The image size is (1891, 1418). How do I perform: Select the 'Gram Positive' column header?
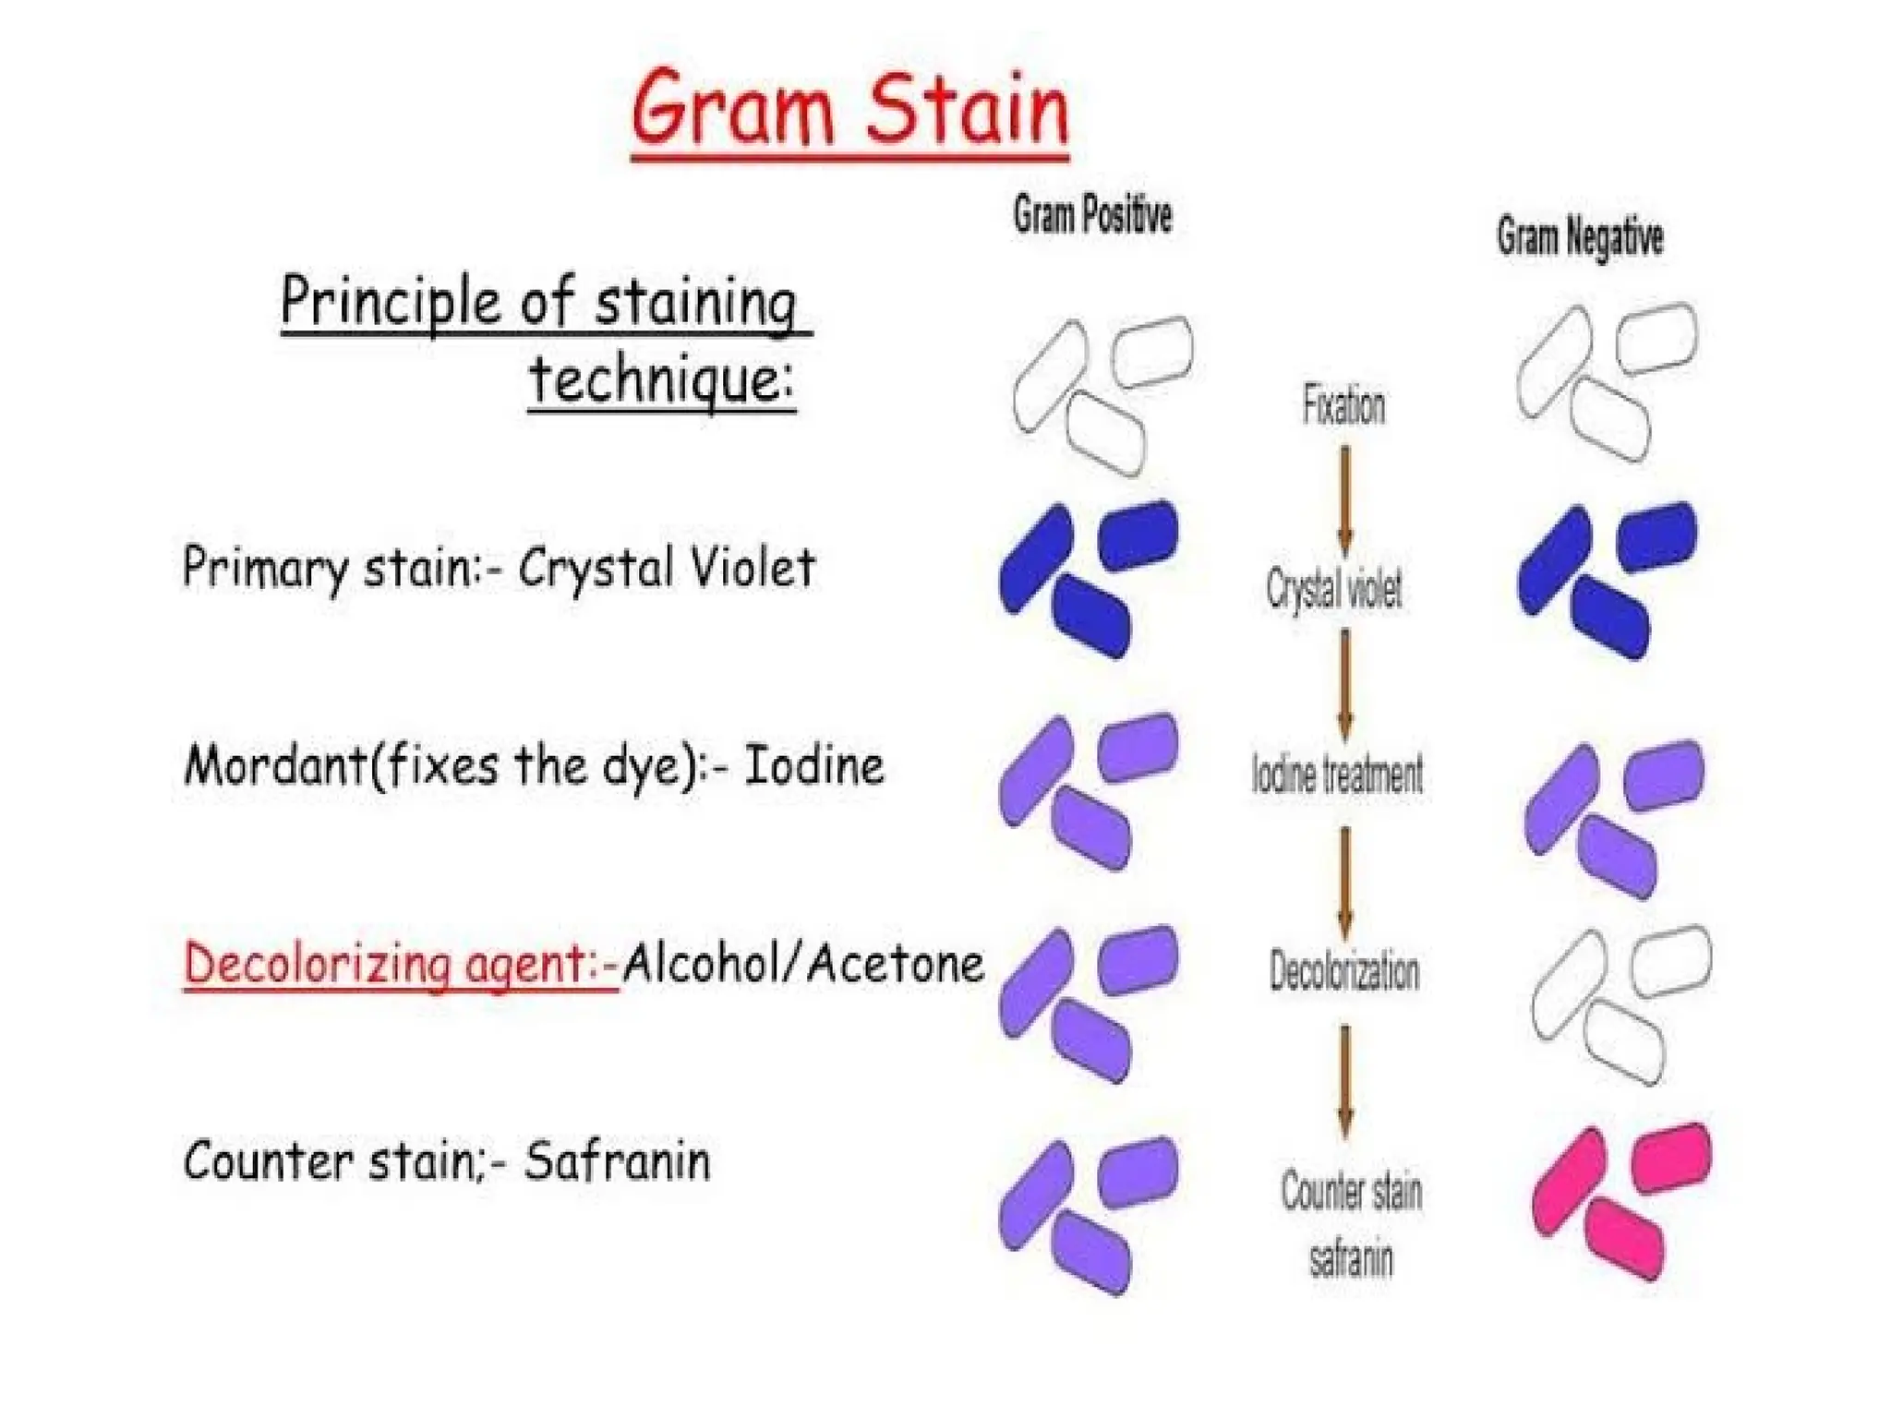click(x=1092, y=215)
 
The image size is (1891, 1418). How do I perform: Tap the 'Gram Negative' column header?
click(x=1580, y=237)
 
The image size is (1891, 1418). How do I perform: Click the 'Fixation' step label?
click(x=1343, y=406)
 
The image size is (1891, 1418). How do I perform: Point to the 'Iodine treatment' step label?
click(x=1337, y=774)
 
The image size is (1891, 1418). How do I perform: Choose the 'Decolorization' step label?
click(x=1343, y=971)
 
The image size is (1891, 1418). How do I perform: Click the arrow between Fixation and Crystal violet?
click(x=1345, y=499)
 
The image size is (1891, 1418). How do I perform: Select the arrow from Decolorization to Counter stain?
click(x=1345, y=1080)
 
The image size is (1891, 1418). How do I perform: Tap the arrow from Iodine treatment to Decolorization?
click(x=1345, y=882)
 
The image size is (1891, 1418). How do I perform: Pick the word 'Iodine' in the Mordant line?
click(x=813, y=765)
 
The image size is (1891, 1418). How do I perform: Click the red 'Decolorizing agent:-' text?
click(x=401, y=964)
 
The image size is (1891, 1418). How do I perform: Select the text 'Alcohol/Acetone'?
click(x=802, y=964)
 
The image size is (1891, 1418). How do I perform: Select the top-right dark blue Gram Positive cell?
click(x=1139, y=534)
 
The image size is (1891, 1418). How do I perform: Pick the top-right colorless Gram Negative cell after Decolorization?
click(x=1671, y=960)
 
